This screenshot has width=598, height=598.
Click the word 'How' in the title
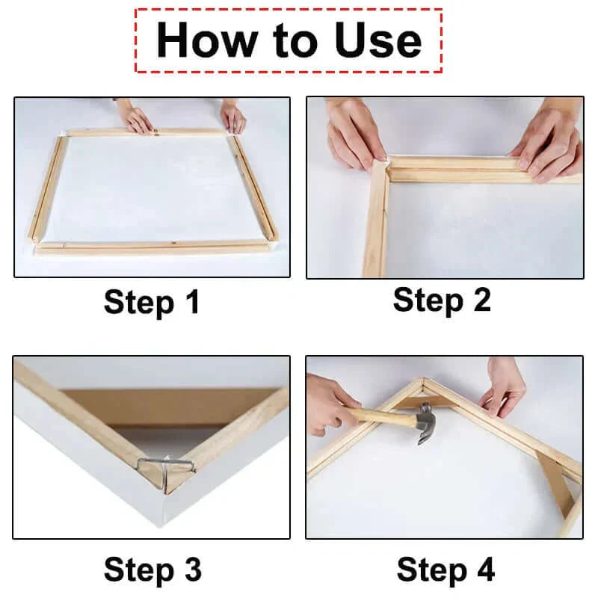click(x=199, y=40)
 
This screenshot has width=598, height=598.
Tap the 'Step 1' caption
click(x=152, y=303)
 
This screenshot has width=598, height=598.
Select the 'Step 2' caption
click(x=442, y=300)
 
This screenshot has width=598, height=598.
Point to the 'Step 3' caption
click(x=152, y=569)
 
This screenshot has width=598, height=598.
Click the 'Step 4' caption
click(x=445, y=569)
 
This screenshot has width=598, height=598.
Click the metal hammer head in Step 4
click(x=425, y=422)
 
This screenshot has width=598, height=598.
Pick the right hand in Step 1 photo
click(x=232, y=117)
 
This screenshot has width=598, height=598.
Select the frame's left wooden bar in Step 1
click(x=46, y=187)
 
